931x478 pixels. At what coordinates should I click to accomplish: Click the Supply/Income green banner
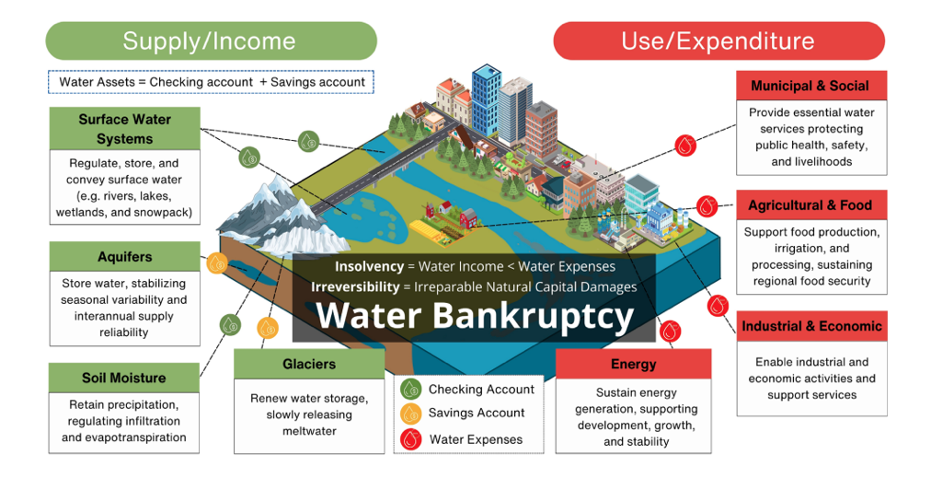211,41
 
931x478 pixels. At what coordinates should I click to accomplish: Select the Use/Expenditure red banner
718,41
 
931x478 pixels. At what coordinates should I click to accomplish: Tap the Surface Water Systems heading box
124,129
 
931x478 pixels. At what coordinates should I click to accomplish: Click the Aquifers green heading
124,257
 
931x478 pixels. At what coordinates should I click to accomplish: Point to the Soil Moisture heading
124,378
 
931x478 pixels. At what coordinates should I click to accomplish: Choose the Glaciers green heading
309,364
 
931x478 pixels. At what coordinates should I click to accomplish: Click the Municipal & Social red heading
810,86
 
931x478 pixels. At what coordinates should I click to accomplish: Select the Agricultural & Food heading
810,205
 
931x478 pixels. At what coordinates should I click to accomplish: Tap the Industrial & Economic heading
811,326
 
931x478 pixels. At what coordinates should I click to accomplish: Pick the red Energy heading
633,364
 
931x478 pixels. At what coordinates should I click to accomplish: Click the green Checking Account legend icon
411,390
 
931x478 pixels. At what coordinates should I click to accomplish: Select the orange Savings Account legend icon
411,414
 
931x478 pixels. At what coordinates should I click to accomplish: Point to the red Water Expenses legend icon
411,438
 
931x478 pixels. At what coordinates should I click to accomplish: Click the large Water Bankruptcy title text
475,316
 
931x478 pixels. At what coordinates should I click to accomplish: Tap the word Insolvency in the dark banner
369,266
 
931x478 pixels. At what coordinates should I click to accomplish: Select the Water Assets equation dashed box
211,82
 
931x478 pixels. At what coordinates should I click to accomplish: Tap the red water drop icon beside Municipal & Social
685,145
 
